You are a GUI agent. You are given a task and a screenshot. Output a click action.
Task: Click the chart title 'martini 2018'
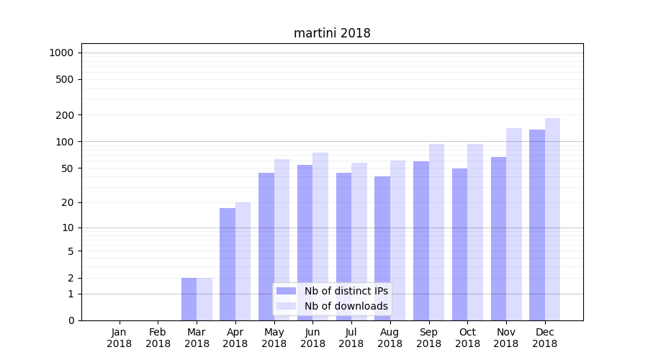pos(332,33)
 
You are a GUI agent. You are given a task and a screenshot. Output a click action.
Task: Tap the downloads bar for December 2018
pos(552,219)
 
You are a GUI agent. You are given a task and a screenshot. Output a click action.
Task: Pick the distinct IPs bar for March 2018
pos(189,299)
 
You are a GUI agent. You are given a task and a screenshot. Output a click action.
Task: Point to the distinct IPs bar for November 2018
pos(498,238)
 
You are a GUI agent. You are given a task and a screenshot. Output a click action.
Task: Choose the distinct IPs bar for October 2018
pos(459,244)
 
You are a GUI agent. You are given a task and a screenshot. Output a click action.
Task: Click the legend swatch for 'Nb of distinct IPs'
pos(286,291)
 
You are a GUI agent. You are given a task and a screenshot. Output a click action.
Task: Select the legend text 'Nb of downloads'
pos(346,306)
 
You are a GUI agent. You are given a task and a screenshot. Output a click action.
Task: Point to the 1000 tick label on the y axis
pos(61,53)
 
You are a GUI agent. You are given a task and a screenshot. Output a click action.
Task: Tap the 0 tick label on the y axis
pos(71,320)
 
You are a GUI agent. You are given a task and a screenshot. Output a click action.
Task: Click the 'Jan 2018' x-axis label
pos(120,338)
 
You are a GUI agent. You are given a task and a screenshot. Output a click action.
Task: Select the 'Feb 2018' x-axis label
pos(158,338)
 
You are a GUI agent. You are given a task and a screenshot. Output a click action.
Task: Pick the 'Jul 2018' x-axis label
pos(351,338)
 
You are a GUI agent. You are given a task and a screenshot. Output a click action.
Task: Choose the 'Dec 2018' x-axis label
pos(544,338)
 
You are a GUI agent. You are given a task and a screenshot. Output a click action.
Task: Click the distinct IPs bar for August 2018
pos(382,248)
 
